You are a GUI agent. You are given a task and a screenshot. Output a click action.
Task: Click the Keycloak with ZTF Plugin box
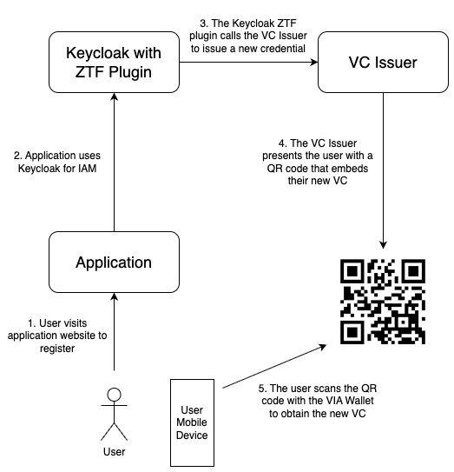(114, 62)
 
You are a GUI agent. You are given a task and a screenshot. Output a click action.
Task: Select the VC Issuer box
(383, 62)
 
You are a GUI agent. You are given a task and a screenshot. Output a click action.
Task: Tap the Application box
(114, 262)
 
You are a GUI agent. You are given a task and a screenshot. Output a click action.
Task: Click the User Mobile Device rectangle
(192, 422)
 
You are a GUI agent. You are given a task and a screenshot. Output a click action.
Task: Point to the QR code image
(383, 302)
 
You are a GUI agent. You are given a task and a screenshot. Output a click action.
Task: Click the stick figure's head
(115, 395)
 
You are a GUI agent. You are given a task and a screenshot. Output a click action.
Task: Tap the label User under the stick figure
(115, 451)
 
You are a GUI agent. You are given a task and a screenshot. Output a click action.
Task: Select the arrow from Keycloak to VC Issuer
(248, 63)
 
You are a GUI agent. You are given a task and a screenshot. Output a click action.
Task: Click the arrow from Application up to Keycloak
(115, 162)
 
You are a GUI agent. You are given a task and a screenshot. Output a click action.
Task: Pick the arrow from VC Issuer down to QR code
(383, 170)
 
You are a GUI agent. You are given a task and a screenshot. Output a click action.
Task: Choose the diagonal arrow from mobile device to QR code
(274, 366)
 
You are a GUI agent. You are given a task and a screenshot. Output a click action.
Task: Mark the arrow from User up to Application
(115, 331)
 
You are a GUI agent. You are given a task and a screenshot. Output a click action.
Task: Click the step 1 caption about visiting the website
(57, 336)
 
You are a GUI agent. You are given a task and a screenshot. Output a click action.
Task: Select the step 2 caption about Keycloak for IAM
(57, 162)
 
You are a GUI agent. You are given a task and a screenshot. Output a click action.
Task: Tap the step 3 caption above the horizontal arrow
(248, 36)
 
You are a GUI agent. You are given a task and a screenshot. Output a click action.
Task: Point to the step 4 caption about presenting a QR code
(318, 162)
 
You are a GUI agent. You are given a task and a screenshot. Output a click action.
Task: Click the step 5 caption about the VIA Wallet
(318, 401)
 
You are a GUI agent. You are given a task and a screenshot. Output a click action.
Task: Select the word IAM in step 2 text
(87, 169)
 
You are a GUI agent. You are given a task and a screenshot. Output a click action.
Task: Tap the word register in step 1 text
(57, 349)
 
